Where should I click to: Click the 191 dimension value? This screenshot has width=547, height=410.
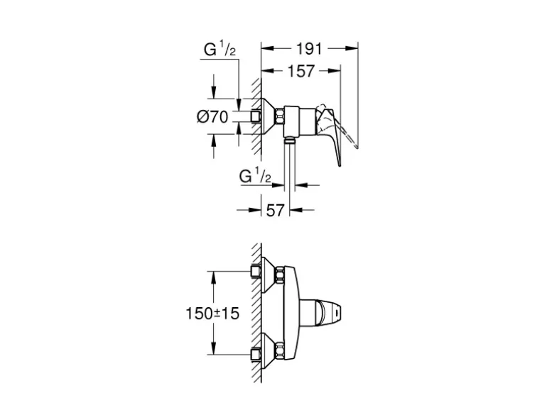(x=310, y=49)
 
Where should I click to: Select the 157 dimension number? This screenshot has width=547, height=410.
(x=301, y=71)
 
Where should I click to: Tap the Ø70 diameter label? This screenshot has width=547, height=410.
(x=212, y=117)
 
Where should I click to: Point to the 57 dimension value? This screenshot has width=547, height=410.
(x=276, y=210)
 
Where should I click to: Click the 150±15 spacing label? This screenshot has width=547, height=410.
(x=212, y=314)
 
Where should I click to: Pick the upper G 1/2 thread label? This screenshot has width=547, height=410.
(x=220, y=50)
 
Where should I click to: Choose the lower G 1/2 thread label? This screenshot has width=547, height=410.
(x=255, y=176)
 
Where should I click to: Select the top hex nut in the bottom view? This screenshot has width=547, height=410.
(x=279, y=274)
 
